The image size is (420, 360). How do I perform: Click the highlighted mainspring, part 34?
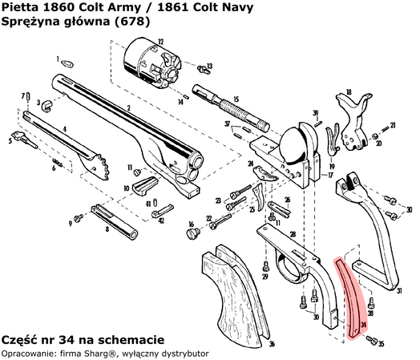click(x=352, y=297)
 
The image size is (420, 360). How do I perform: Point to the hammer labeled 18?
click(x=353, y=112)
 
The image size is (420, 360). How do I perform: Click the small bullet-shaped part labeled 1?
click(x=69, y=62)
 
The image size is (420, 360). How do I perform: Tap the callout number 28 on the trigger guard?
click(x=293, y=233)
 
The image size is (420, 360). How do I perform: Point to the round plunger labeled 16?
click(x=192, y=233)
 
